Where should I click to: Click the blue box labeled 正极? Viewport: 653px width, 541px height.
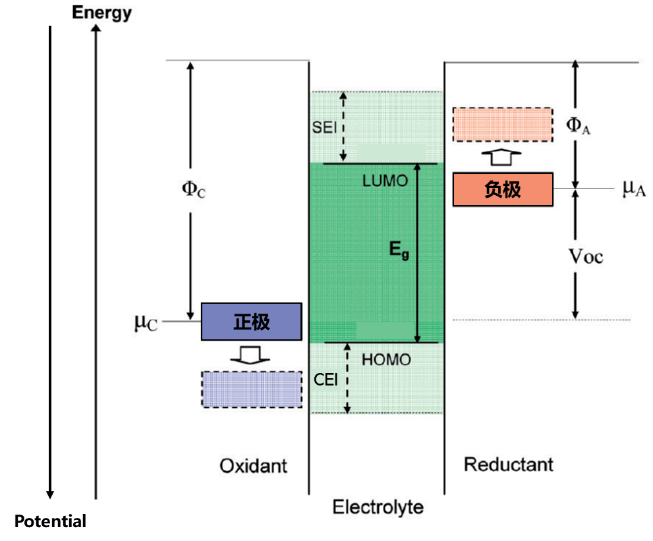[x=251, y=322]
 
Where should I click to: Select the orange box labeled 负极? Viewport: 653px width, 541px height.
[x=503, y=190]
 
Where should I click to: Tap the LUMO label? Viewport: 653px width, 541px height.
[x=385, y=181]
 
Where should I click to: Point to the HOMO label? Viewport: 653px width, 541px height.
[x=386, y=360]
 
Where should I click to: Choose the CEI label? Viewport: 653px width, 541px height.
[x=326, y=380]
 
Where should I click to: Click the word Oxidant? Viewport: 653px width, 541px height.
[x=253, y=466]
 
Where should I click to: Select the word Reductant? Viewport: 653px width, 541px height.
[x=508, y=464]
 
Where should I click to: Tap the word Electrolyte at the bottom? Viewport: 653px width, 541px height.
[x=378, y=507]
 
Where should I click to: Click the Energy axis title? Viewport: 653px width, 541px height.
[x=101, y=13]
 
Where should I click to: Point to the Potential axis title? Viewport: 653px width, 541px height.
[x=50, y=522]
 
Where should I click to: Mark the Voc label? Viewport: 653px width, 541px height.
[x=585, y=256]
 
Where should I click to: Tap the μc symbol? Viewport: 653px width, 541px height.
[x=146, y=322]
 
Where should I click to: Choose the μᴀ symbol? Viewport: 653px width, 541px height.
[x=633, y=189]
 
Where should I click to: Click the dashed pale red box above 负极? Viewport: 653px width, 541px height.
[x=503, y=125]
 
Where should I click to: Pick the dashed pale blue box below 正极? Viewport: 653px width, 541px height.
[x=251, y=389]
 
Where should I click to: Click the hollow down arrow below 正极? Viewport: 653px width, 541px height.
[x=250, y=355]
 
